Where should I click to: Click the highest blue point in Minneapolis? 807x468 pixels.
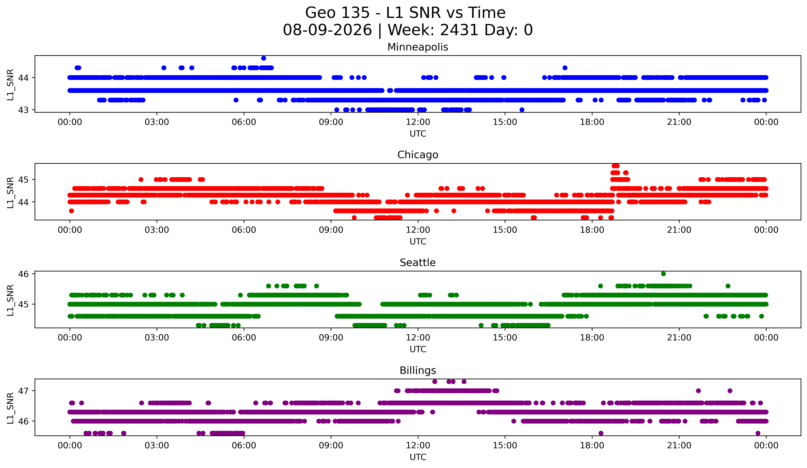(263, 58)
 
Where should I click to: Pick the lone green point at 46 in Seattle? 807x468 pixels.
(663, 274)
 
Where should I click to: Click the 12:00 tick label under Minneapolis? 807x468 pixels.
(418, 122)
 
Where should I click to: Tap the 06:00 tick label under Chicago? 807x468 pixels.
(244, 230)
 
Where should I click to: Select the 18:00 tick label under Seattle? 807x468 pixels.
(592, 338)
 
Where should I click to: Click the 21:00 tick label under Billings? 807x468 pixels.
(679, 446)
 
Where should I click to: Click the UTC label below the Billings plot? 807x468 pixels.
(418, 457)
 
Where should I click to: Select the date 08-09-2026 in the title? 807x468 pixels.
(327, 30)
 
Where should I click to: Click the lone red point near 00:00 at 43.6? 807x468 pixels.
(71, 211)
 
